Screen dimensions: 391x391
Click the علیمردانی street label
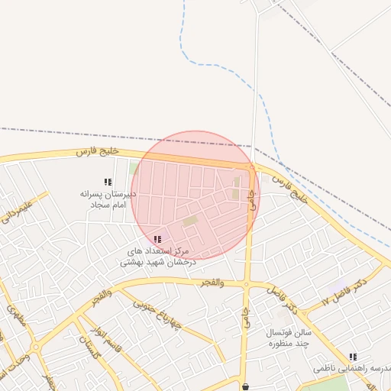click(x=18, y=208)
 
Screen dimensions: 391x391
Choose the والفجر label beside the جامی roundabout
click(x=212, y=283)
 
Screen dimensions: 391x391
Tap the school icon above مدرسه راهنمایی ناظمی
click(x=353, y=356)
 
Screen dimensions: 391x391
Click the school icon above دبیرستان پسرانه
click(x=108, y=182)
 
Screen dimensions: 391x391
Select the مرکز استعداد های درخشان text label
click(x=158, y=256)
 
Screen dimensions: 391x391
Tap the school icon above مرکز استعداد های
click(x=157, y=239)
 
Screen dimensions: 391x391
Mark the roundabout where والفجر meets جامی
click(x=246, y=285)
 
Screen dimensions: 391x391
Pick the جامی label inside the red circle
click(x=251, y=201)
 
